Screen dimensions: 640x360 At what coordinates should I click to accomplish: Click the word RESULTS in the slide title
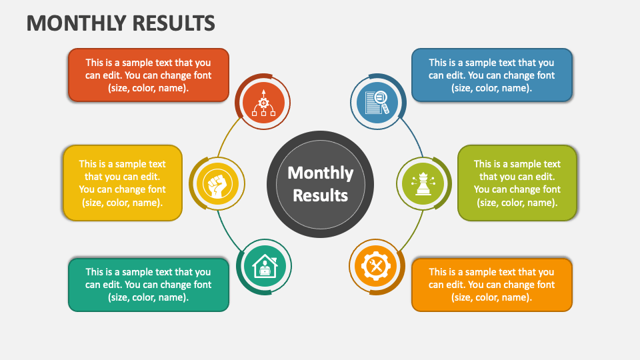click(x=173, y=23)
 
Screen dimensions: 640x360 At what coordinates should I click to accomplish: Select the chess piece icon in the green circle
click(x=423, y=184)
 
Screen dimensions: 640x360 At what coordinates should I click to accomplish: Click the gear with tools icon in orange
click(x=376, y=267)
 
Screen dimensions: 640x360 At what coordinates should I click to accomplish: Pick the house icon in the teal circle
click(x=265, y=266)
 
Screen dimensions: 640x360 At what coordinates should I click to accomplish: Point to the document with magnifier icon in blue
click(x=377, y=103)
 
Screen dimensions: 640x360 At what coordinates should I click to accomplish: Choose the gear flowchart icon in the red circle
click(x=263, y=103)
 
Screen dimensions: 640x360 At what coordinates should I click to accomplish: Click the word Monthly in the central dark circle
click(x=321, y=173)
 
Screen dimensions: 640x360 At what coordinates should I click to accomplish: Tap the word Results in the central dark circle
click(x=321, y=195)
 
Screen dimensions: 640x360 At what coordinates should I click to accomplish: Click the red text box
click(x=149, y=75)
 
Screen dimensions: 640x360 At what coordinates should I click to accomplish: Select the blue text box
click(x=492, y=75)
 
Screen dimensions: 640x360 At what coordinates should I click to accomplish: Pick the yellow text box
click(x=123, y=183)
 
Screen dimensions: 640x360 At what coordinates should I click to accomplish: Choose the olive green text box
click(x=517, y=183)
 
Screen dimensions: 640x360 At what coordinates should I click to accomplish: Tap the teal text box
click(x=149, y=285)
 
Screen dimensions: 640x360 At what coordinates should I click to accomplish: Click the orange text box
click(x=492, y=285)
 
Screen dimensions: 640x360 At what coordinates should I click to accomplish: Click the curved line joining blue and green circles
click(x=413, y=136)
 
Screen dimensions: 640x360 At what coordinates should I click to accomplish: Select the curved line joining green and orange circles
click(x=413, y=232)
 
